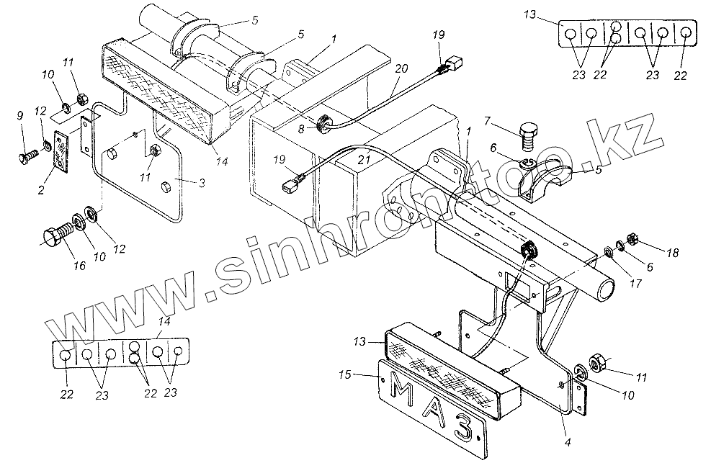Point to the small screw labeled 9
(28, 153)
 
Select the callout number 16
(79, 266)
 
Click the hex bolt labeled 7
(531, 135)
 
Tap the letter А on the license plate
(434, 411)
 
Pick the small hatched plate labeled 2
(60, 150)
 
